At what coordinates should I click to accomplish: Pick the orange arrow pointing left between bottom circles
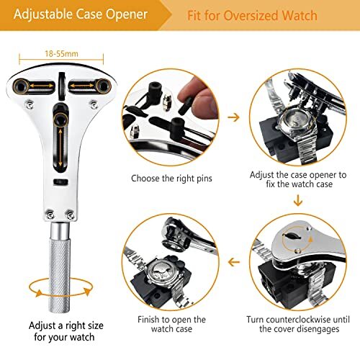233,262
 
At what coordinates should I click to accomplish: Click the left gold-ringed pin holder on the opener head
26,86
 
